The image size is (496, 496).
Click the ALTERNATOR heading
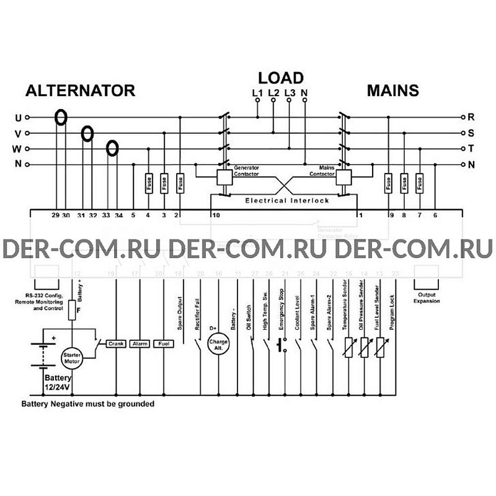pyautogui.click(x=80, y=91)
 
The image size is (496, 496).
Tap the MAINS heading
pyautogui.click(x=392, y=91)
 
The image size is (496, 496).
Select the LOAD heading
pyautogui.click(x=281, y=77)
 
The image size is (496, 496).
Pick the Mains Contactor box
pyautogui.click(x=343, y=177)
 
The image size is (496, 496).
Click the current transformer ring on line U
pyautogui.click(x=61, y=117)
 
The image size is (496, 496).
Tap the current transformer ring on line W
pyautogui.click(x=112, y=148)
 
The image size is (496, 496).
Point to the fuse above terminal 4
pyautogui.click(x=148, y=183)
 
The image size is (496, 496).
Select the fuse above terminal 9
pyautogui.click(x=388, y=183)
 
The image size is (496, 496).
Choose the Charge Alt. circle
pyautogui.click(x=218, y=343)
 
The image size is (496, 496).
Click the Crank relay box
pyautogui.click(x=117, y=343)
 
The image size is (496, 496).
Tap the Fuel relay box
pyautogui.click(x=163, y=343)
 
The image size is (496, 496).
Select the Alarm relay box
pyautogui.click(x=139, y=343)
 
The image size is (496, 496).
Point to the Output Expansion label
pyautogui.click(x=427, y=298)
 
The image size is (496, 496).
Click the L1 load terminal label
pyautogui.click(x=258, y=93)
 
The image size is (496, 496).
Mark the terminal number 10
pyautogui.click(x=216, y=215)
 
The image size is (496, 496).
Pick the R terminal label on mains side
pyautogui.click(x=471, y=117)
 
